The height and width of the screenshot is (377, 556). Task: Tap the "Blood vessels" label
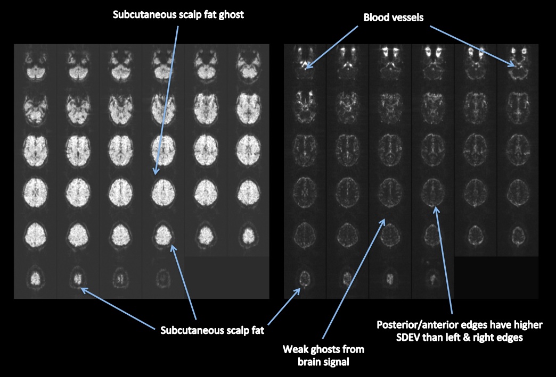pos(393,17)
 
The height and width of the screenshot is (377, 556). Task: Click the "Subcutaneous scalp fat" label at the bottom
pos(212,330)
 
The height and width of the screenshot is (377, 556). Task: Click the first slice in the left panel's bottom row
pos(35,278)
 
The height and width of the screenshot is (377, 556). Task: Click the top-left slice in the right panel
pos(305,63)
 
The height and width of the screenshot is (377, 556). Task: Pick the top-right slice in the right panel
pos(517,63)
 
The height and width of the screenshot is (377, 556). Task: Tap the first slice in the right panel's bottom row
pos(304,278)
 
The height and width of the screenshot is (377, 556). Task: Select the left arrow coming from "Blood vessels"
pos(333,46)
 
